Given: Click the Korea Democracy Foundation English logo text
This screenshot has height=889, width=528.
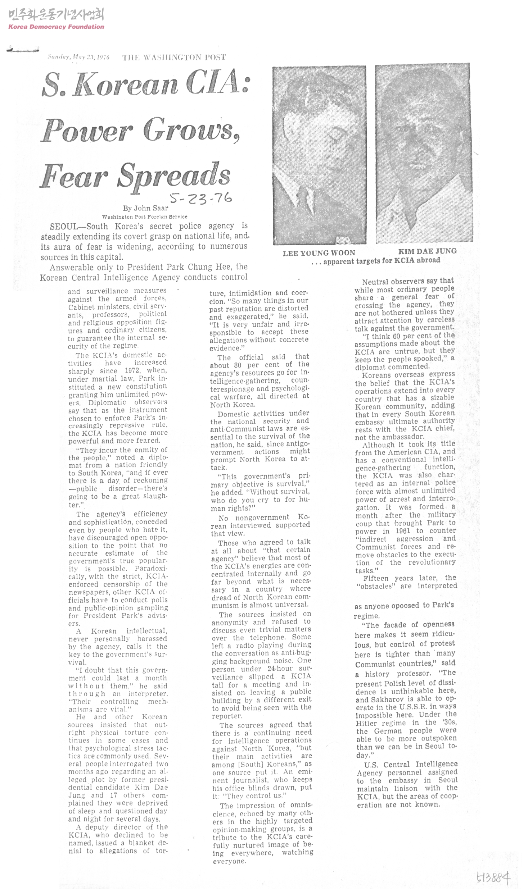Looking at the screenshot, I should point(56,27).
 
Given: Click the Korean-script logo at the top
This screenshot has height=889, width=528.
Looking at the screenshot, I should point(56,14).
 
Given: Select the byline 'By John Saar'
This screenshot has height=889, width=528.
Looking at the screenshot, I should point(145,208).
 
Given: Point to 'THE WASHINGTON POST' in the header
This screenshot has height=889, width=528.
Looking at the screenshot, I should point(174,57).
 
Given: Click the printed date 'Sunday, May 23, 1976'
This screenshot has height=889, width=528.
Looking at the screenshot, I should point(78,57).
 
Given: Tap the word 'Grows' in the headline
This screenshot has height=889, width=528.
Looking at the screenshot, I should point(191,130).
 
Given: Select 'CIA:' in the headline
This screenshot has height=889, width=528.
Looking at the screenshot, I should point(217,83).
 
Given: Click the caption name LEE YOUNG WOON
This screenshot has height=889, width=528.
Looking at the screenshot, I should point(319,253).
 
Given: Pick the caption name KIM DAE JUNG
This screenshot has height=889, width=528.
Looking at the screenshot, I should point(427,251).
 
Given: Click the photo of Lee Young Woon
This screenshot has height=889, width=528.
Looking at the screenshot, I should point(319,155).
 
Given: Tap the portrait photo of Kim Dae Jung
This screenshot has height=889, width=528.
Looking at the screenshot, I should point(424,153).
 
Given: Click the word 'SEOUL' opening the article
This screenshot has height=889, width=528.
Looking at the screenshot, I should point(64,227).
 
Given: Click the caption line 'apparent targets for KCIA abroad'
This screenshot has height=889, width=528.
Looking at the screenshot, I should point(381,260).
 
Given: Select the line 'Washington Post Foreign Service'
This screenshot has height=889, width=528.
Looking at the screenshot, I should point(145,217).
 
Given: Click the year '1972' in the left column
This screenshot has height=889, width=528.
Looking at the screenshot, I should point(132,370).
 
